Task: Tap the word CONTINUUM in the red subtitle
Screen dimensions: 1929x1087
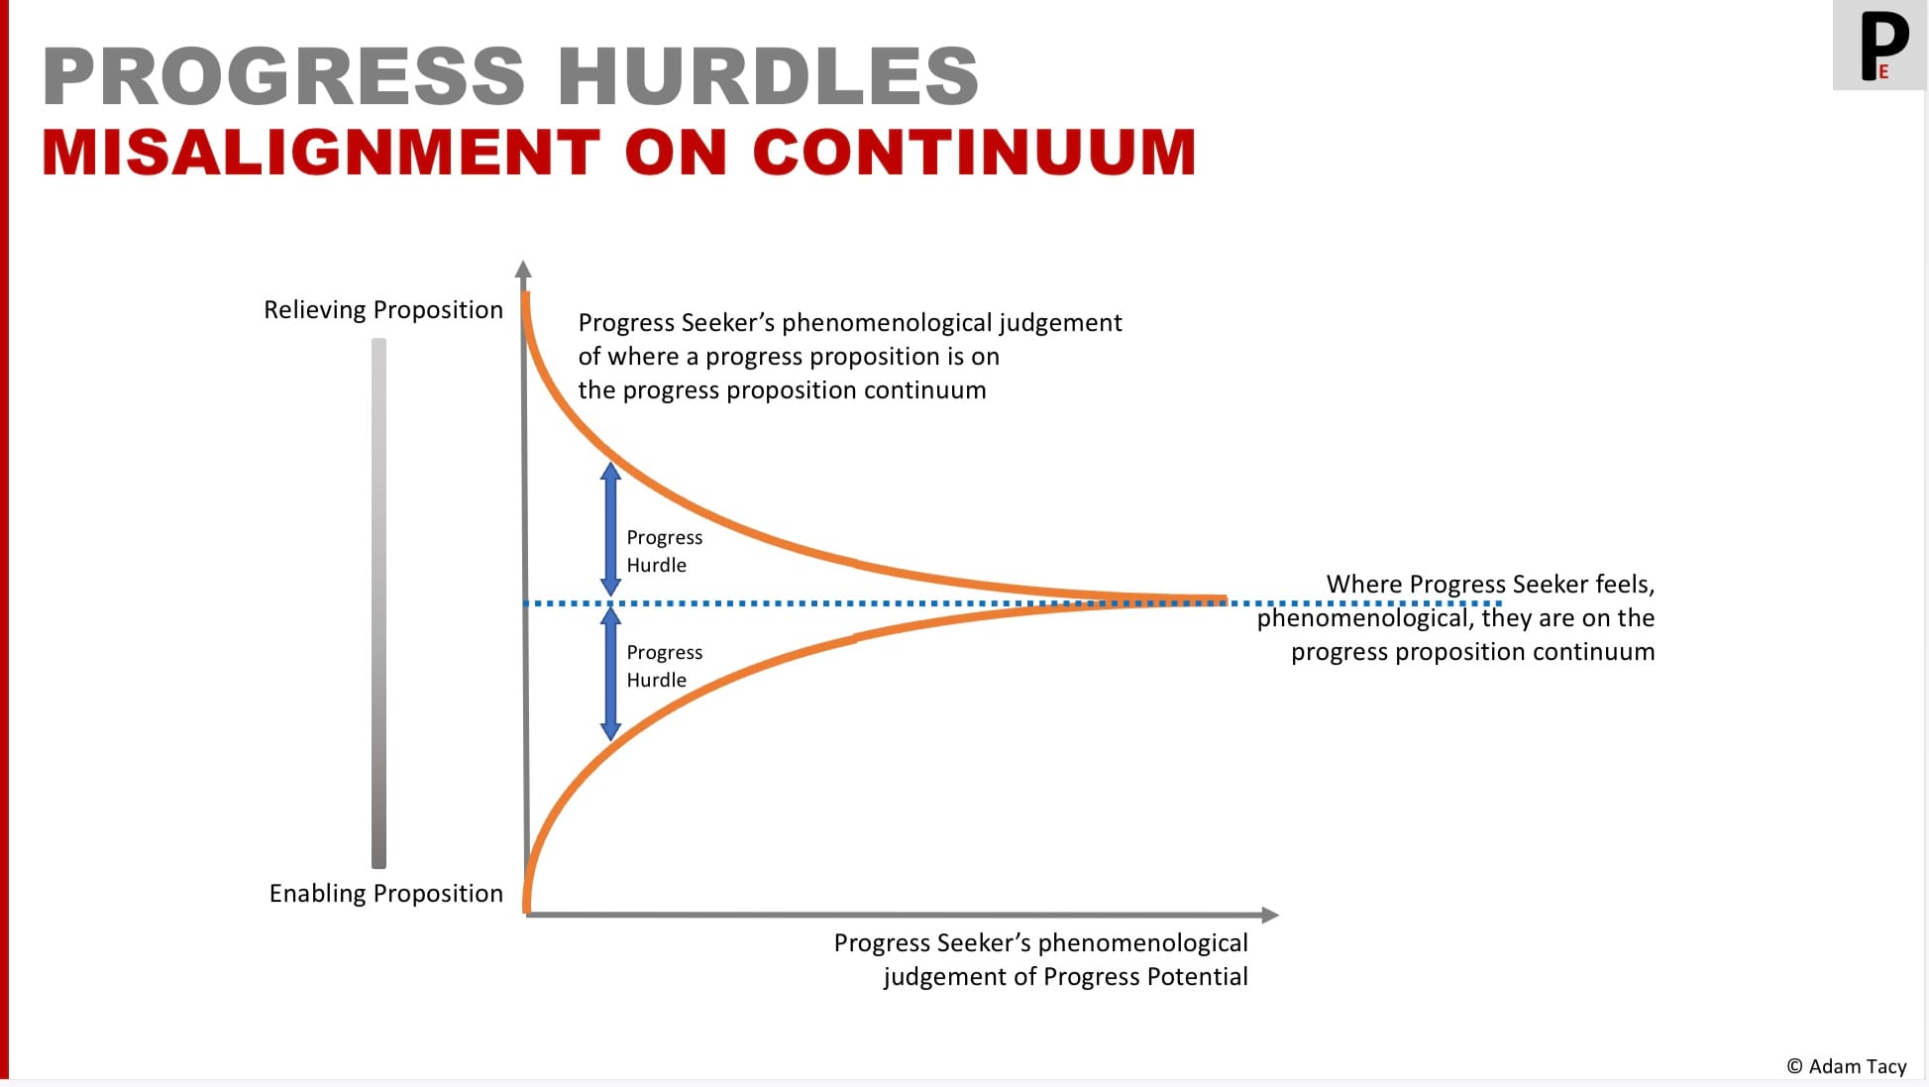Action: tap(974, 153)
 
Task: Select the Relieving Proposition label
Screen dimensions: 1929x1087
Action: tap(383, 310)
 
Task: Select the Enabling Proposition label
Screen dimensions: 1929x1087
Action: tap(386, 894)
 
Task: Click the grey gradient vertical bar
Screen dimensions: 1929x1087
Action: tap(378, 603)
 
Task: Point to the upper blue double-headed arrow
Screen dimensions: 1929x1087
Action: tap(611, 529)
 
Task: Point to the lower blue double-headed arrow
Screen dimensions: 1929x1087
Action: tap(611, 675)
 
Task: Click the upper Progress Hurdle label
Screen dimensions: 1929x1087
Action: tap(665, 551)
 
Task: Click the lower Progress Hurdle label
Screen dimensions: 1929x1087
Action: tap(665, 666)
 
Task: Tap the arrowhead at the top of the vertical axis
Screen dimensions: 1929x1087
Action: tap(523, 269)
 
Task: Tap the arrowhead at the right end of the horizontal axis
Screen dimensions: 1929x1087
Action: tap(1270, 915)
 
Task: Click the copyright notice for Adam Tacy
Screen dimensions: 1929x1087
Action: tap(1847, 1066)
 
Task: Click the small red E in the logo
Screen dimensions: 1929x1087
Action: tap(1883, 71)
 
